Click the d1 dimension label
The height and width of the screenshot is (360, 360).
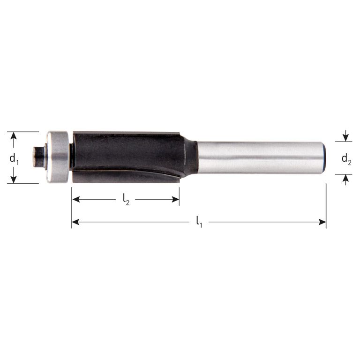click(14, 158)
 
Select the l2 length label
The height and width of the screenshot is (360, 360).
click(126, 200)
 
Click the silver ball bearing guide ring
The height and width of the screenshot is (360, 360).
click(58, 157)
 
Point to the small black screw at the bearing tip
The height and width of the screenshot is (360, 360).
click(37, 157)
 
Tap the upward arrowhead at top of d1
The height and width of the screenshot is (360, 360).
click(14, 136)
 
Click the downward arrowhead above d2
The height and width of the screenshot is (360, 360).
click(346, 137)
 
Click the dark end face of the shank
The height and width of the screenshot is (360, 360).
click(324, 157)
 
